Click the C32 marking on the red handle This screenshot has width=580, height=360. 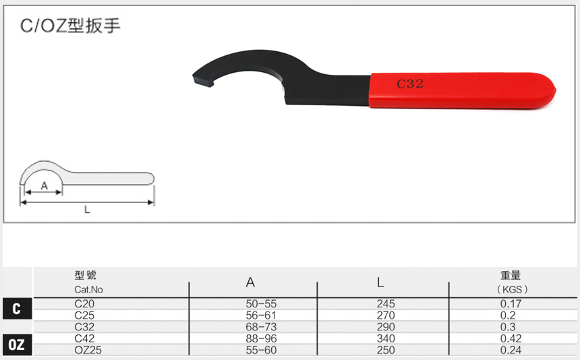410,84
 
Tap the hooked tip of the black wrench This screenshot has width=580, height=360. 203,80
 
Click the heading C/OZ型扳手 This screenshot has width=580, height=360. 70,26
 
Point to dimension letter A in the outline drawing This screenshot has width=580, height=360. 45,185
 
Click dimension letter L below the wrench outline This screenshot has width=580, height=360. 87,210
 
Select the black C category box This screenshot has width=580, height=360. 17,309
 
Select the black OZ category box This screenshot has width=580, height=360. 17,344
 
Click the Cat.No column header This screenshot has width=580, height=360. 89,289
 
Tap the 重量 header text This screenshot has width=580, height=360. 511,275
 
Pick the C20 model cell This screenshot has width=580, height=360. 84,304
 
